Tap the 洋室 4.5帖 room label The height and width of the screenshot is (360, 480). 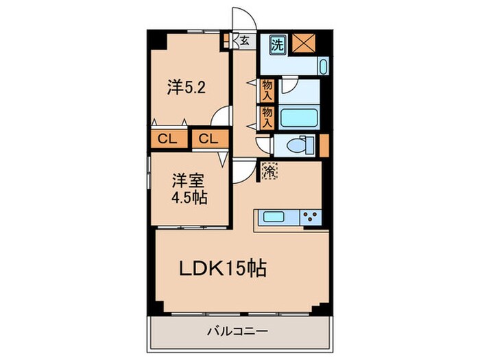pyautogui.click(x=189, y=189)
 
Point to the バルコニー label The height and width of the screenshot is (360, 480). pyautogui.click(x=239, y=333)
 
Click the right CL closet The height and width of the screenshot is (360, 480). pyautogui.click(x=208, y=139)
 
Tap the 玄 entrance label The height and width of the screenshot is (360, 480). pyautogui.click(x=244, y=40)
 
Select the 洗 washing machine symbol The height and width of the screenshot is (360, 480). pyautogui.click(x=277, y=45)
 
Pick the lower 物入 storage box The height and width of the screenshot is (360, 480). pyautogui.click(x=267, y=117)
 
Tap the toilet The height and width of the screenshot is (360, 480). pyautogui.click(x=298, y=145)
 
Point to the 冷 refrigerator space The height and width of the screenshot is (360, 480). pyautogui.click(x=269, y=171)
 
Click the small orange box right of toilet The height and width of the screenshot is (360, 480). pyautogui.click(x=324, y=145)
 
